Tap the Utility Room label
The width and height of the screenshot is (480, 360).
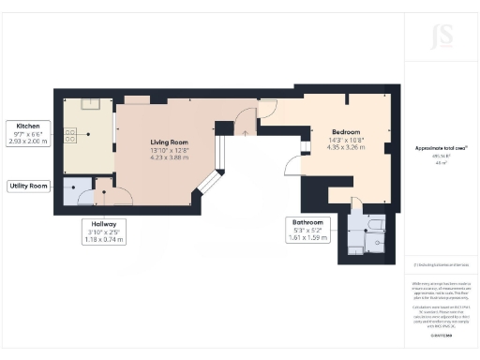pyautogui.click(x=29, y=187)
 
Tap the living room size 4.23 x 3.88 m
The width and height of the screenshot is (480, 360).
pyautogui.click(x=170, y=158)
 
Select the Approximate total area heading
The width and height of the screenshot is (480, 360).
pyautogui.click(x=442, y=148)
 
